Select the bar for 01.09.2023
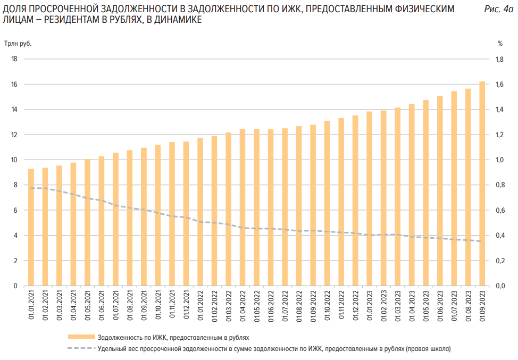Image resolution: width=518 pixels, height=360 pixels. point(482,183)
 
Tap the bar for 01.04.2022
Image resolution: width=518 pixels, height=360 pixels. point(243,207)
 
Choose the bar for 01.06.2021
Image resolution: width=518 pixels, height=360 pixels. point(102,221)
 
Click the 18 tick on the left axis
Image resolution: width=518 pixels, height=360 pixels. point(14,59)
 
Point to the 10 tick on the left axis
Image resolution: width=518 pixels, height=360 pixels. point(14,160)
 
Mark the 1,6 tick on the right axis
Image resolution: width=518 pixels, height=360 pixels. point(499,85)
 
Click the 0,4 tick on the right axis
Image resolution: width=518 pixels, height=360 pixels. point(499,236)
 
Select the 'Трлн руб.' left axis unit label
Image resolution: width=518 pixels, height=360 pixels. point(19,44)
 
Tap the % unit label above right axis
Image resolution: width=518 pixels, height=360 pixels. point(500,44)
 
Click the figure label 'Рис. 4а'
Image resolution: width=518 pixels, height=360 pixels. point(499,10)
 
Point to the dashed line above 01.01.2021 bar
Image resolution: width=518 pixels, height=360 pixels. point(31,188)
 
